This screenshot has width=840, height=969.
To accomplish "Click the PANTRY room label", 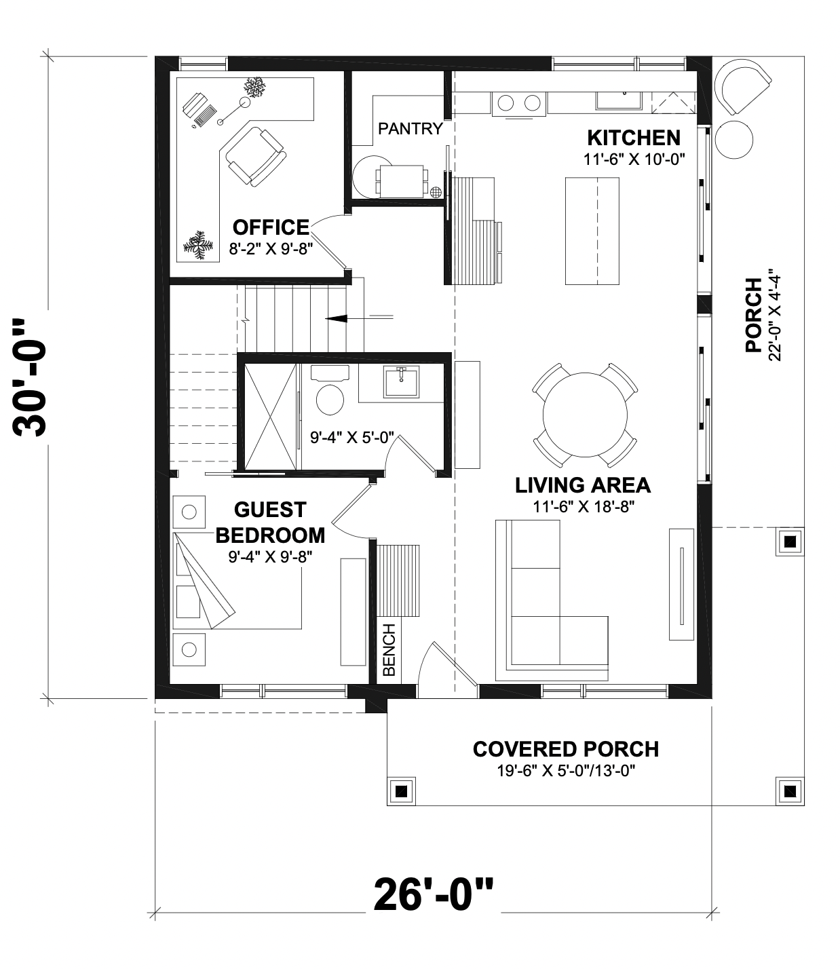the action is point(410,128).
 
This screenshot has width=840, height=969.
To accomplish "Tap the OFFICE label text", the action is point(271,227).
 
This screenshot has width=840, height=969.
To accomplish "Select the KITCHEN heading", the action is point(634,138).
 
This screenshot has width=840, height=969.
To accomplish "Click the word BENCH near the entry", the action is point(389,650).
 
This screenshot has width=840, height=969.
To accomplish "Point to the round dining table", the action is point(585,415).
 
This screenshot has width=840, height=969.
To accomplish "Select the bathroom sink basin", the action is point(401,382).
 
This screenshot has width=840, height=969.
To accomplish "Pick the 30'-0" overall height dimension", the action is point(29,378).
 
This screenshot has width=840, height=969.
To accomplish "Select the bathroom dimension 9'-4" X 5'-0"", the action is point(352,438).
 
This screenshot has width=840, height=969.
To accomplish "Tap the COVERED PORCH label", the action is point(566,749).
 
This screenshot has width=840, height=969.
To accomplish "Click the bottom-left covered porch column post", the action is point(401,792).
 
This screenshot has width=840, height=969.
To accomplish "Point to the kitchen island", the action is point(592,231).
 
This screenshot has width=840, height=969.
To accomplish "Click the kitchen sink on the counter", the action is point(619,100).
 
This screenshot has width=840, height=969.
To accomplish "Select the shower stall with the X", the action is point(271,416).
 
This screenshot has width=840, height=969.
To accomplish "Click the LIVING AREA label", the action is point(583,485).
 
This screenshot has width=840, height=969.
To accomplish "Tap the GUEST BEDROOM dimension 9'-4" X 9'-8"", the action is point(271,556).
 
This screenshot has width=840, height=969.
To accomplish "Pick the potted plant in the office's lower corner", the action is point(197,245).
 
